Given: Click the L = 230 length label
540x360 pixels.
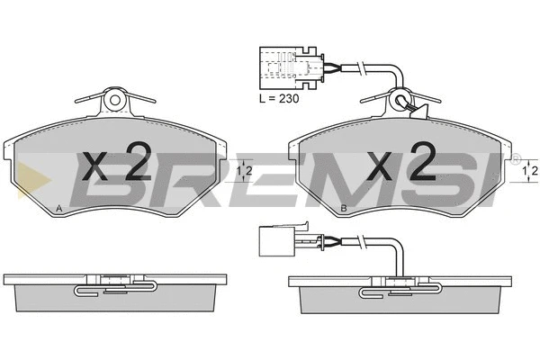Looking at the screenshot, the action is pos(279,98).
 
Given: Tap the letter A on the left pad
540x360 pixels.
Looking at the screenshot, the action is pos(58,208).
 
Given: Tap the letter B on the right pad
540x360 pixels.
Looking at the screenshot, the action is pos(344,208).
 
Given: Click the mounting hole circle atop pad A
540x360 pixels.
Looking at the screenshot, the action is pos(115,101).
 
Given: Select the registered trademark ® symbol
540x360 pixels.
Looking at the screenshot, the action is pos(516,158).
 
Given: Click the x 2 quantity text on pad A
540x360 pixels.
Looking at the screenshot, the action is pos(117,162).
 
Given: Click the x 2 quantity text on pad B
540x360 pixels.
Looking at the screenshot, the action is pos(402,162).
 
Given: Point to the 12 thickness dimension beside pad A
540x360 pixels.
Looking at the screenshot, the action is pos(245,170).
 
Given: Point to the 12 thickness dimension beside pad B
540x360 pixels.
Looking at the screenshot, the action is pos(530,170).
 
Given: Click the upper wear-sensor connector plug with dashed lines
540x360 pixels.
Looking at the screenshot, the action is pos(292,67).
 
